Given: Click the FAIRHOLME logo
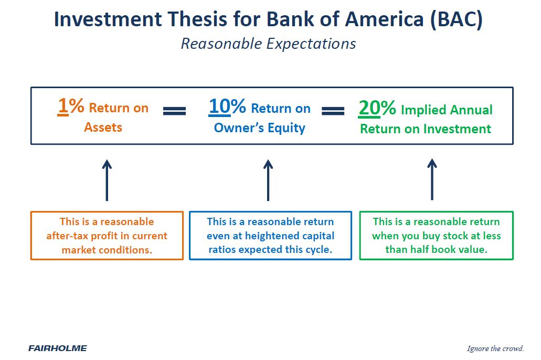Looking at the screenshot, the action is (x=58, y=348).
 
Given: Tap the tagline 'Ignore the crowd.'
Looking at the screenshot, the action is (x=495, y=348).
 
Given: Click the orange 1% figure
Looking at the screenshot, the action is (x=71, y=105).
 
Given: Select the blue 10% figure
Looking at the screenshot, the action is (x=227, y=106).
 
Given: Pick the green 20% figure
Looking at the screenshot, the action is (x=377, y=108).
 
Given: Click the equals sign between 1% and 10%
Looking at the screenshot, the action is (x=175, y=111).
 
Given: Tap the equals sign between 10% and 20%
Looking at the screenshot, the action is (x=333, y=111).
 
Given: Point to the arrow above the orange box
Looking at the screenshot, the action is (x=107, y=180).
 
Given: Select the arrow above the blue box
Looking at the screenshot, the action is (x=268, y=180).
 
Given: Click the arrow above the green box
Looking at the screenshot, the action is (x=432, y=179).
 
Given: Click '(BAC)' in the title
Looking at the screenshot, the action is (x=456, y=19).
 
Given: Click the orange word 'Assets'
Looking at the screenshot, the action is (x=103, y=128).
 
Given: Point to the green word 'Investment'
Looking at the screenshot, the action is (x=457, y=129).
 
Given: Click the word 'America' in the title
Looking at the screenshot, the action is (x=384, y=19).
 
